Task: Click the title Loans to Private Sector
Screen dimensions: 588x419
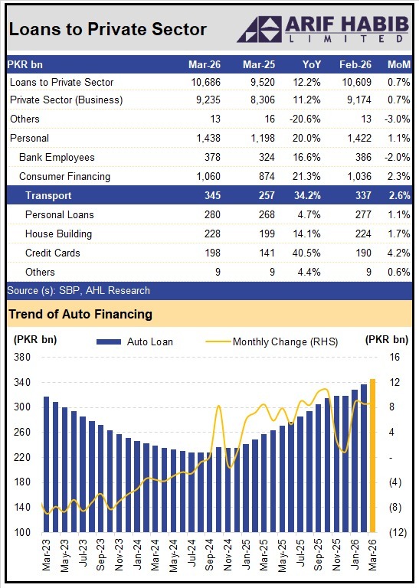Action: coord(108,29)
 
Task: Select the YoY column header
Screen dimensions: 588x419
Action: coord(312,64)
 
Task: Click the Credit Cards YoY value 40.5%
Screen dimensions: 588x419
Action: coord(309,253)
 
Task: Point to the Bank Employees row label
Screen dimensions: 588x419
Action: coord(57,158)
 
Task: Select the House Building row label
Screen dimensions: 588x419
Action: coord(58,234)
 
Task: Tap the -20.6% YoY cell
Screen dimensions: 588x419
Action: coord(308,119)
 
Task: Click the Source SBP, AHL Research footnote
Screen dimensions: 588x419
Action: coord(78,291)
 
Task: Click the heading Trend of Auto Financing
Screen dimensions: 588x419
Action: coord(80,314)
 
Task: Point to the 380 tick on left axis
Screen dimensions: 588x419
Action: coord(21,357)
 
